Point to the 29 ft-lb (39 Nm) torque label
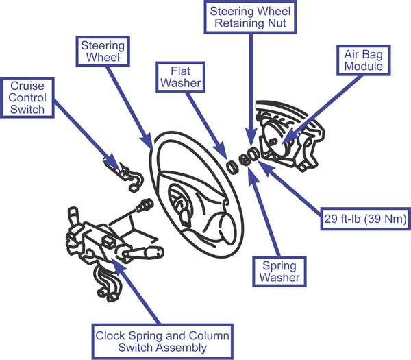[x=364, y=219]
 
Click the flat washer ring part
[x=232, y=165]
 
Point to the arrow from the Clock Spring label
[x=137, y=291]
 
